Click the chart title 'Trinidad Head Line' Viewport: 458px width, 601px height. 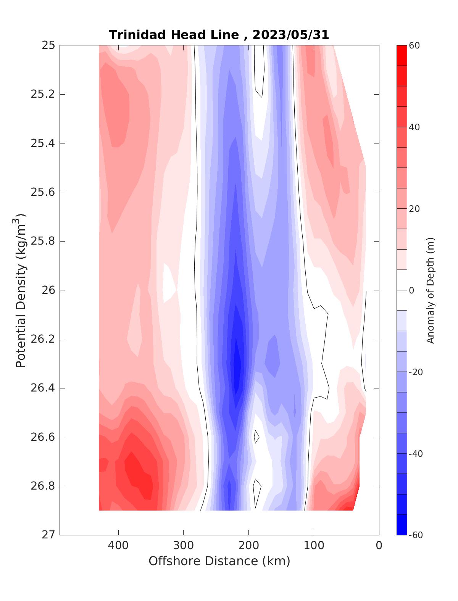coord(174,35)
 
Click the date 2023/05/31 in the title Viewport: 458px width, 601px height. coord(290,35)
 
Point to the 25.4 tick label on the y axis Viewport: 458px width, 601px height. coord(43,143)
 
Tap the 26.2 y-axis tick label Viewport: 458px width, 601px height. coord(43,339)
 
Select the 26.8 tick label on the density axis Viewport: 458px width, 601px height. coord(43,486)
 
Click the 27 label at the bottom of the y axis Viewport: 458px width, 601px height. coord(48,535)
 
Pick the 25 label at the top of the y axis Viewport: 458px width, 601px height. coord(48,45)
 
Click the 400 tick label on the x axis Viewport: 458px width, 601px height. coord(118,546)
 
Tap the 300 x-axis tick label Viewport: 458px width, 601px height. coord(184,546)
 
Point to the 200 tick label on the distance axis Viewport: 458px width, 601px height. coord(249,546)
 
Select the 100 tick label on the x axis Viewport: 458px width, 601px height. coord(314,546)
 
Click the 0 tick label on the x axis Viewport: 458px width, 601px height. coord(379,546)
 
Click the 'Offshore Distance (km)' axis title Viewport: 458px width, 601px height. coord(219,561)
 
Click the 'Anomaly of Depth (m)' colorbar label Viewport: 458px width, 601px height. coord(431,290)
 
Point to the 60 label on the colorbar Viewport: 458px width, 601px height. coord(414,45)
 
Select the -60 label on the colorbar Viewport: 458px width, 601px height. coord(416,535)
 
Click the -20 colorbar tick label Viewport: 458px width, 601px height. coord(416,372)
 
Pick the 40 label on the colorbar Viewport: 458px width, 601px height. coord(414,127)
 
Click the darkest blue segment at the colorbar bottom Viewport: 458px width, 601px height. coord(402,525)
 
